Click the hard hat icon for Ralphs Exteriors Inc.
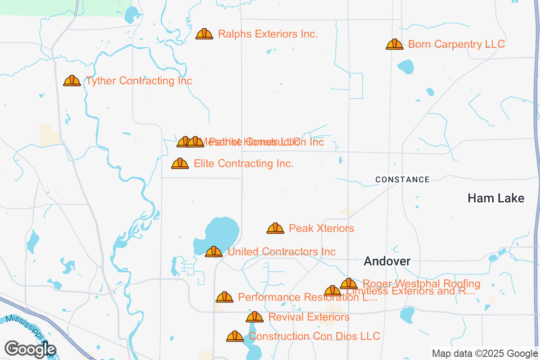(x=204, y=34)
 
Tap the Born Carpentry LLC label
(x=456, y=45)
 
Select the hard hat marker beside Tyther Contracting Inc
(x=72, y=81)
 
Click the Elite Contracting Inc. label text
(x=243, y=164)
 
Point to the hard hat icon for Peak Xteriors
(x=275, y=229)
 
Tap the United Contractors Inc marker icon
(x=214, y=252)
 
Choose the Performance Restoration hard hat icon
(x=225, y=297)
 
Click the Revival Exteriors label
(x=309, y=317)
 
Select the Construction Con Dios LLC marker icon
(x=234, y=337)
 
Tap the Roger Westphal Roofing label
(x=421, y=283)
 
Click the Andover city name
(x=387, y=261)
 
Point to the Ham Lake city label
(x=496, y=198)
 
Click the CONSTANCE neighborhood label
(x=402, y=180)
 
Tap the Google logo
(x=31, y=349)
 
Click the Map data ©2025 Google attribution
(x=485, y=353)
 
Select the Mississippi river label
(x=27, y=331)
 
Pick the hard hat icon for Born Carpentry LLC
(x=395, y=44)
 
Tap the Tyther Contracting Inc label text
(x=139, y=81)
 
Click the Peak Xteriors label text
(x=321, y=229)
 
